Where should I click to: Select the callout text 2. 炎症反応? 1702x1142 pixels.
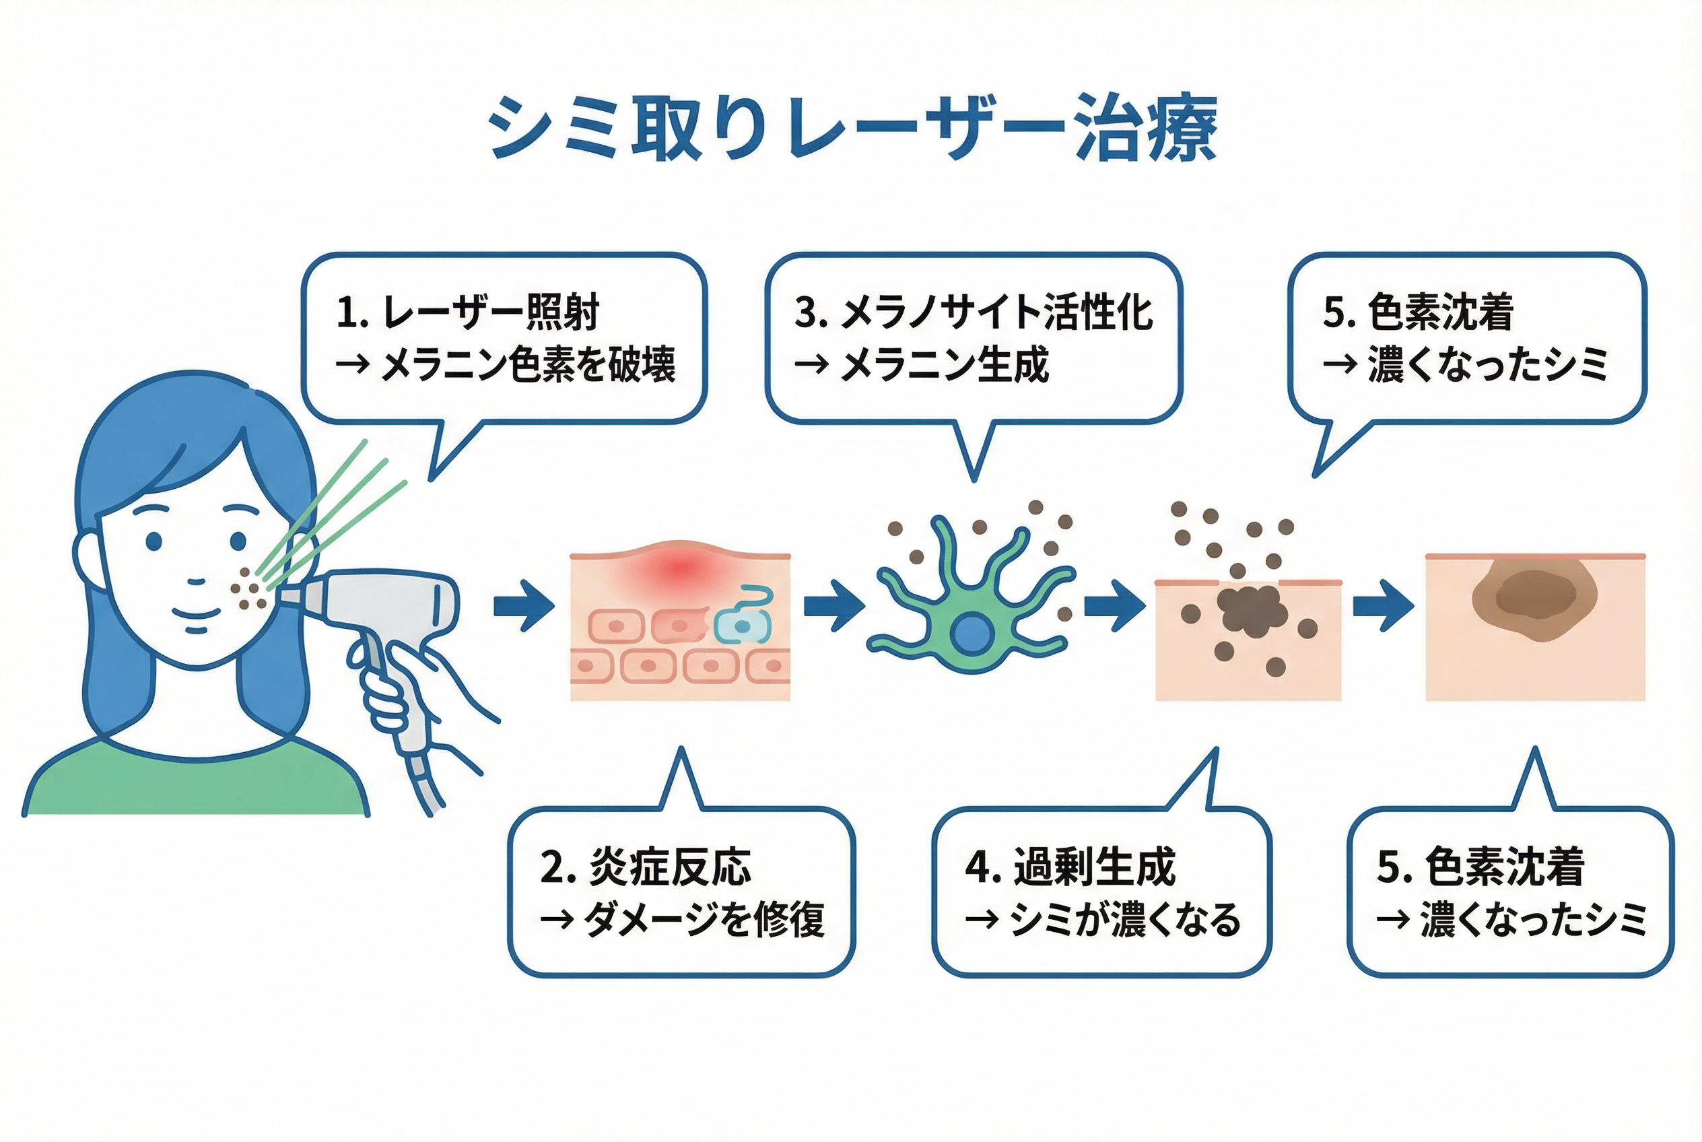[645, 867]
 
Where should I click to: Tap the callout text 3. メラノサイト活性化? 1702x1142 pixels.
[973, 312]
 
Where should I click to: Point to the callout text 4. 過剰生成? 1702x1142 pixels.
[1070, 867]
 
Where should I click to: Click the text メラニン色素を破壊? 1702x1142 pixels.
[528, 365]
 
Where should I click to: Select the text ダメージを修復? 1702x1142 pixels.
[704, 920]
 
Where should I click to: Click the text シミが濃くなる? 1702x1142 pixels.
[1125, 920]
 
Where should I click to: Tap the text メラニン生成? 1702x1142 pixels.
[945, 365]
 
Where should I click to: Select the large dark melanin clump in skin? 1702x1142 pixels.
[1250, 608]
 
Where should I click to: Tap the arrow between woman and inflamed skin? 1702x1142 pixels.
[523, 605]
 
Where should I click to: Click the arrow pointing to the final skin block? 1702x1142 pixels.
[1382, 605]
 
